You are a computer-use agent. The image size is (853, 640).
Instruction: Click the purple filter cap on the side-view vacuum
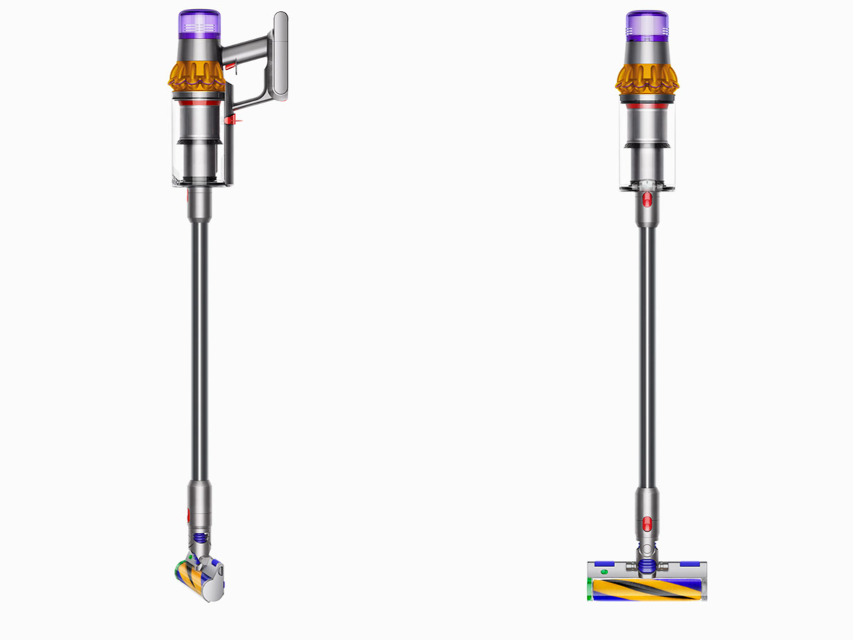coord(199,24)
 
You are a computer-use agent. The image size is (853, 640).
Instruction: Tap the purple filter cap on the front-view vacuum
coord(646,24)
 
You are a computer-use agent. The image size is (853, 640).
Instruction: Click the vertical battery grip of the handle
coord(280,56)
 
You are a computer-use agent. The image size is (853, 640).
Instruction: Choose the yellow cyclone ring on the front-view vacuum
coord(646,78)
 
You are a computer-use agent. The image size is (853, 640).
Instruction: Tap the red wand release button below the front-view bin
coord(647,201)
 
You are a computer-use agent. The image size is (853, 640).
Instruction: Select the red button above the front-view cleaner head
coord(647,523)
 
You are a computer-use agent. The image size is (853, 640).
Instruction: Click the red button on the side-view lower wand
coord(188,516)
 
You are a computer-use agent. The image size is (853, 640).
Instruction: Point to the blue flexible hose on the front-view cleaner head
coord(647,566)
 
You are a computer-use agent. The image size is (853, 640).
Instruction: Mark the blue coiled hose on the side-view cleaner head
coord(200,537)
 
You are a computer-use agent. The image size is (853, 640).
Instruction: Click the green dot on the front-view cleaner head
coord(603,572)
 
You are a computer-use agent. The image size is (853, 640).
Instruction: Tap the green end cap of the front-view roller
coord(590,590)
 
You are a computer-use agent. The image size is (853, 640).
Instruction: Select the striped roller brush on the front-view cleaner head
coord(646,589)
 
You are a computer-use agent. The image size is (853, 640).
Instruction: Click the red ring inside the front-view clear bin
coord(646,106)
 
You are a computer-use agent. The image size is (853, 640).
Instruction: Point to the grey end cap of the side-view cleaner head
coord(215,582)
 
